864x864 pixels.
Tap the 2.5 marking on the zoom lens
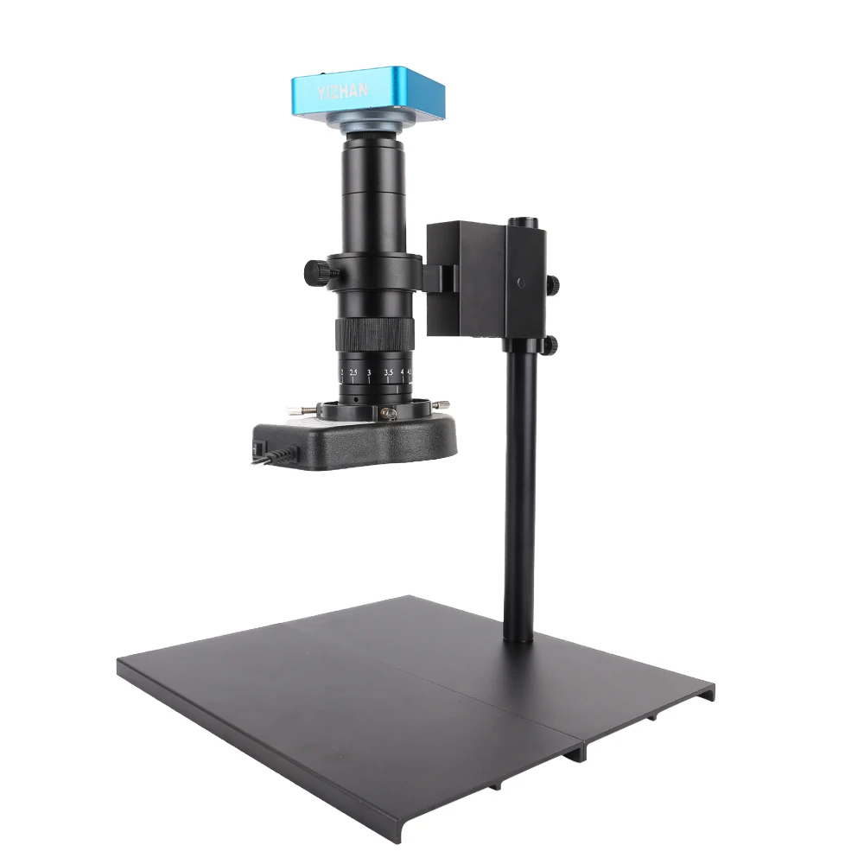[x=353, y=372]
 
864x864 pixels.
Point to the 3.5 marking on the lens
[x=389, y=372]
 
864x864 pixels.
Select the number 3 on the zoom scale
[x=370, y=372]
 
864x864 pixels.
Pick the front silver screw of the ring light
[x=390, y=414]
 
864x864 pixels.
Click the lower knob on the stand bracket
[x=549, y=346]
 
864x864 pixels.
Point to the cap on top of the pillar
[x=520, y=223]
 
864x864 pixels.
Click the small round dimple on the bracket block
[x=520, y=282]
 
